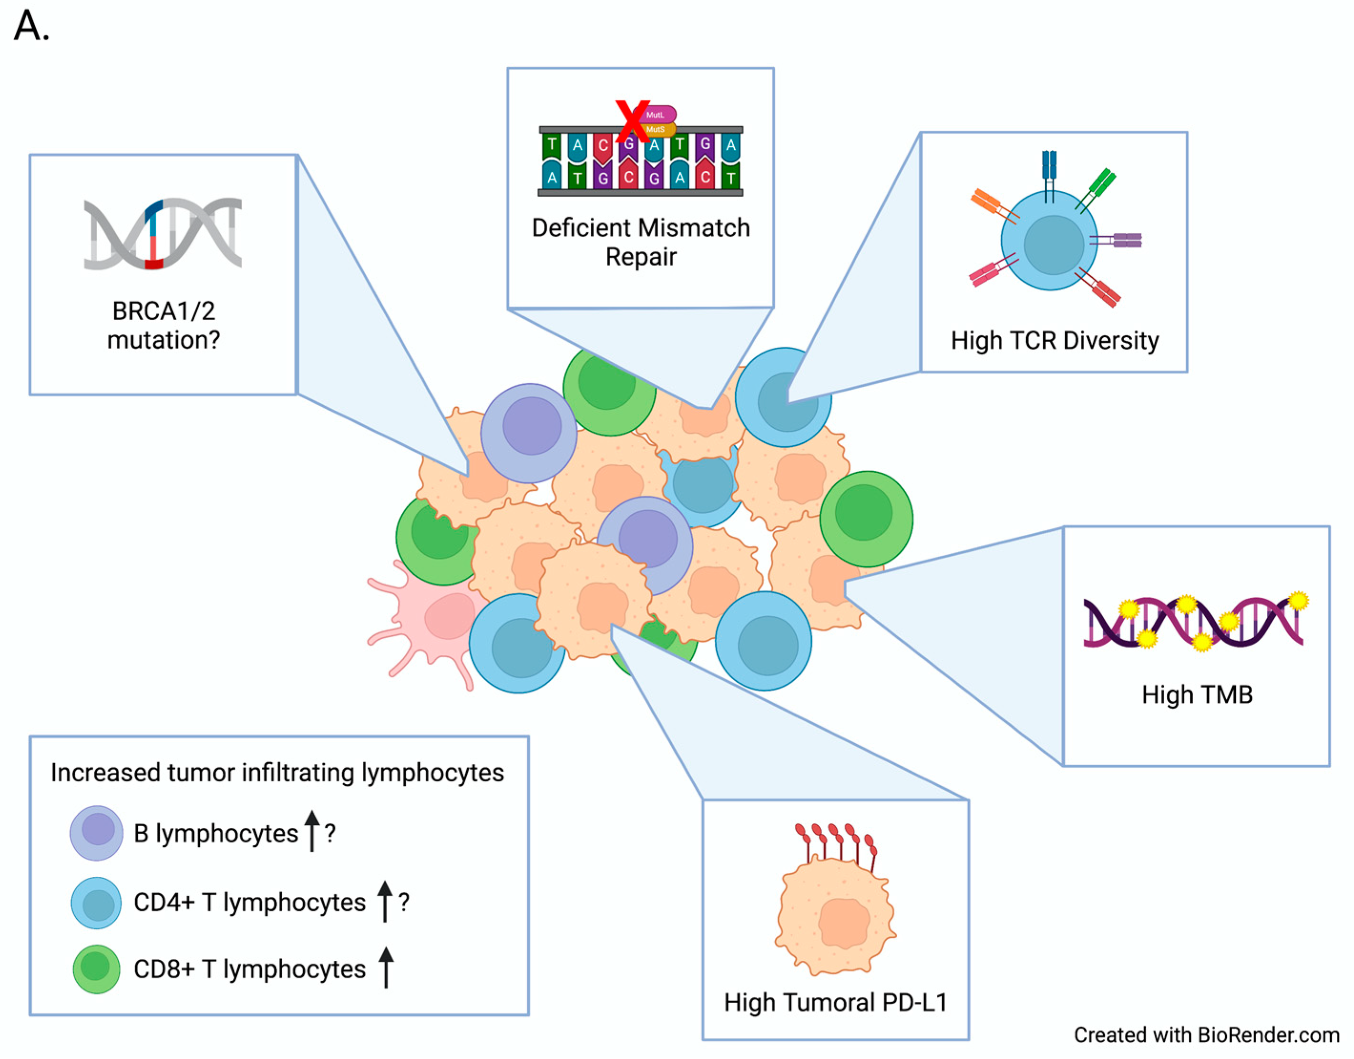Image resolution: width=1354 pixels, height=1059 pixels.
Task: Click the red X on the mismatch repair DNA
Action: coord(632,121)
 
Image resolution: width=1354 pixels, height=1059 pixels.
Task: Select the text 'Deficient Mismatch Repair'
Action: coord(640,242)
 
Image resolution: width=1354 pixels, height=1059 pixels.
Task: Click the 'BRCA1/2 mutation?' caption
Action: coord(163,325)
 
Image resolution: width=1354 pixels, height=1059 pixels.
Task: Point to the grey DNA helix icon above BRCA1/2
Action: coord(163,234)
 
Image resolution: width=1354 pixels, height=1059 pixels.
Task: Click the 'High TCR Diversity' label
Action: coord(1055,341)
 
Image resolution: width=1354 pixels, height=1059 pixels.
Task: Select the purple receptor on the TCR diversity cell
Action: coord(1123,240)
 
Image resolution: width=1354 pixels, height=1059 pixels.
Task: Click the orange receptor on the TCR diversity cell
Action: coord(989,203)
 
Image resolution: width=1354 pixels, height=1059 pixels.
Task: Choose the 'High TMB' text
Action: coord(1197,695)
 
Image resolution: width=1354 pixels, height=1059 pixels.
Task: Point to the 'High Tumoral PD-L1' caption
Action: coord(836,1002)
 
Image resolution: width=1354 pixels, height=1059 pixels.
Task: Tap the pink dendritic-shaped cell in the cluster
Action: coord(434,621)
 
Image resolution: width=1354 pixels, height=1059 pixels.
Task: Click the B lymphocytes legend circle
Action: coord(97,832)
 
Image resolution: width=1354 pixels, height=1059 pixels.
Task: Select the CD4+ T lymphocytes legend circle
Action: coord(97,903)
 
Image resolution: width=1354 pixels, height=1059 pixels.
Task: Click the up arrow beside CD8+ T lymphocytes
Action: coord(386,968)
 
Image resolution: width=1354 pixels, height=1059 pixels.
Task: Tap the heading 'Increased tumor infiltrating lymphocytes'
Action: coord(277,773)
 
